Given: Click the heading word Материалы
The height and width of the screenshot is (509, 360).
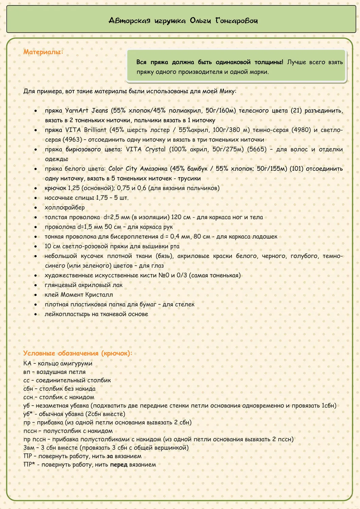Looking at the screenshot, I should point(43,52).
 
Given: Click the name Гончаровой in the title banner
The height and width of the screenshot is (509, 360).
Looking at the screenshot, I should point(236,21).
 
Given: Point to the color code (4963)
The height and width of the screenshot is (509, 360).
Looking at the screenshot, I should point(71,140).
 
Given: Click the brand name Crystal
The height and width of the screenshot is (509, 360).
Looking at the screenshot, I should point(155,149).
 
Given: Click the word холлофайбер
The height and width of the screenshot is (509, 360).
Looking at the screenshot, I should point(65,207).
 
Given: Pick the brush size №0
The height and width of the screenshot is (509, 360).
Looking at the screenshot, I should point(164,275).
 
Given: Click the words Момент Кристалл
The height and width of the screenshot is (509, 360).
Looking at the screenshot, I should point(87,295).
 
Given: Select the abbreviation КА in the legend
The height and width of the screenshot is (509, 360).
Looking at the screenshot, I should point(27,363).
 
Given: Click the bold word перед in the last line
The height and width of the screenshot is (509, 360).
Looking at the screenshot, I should point(119,465).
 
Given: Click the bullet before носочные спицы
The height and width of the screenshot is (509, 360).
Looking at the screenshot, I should point(36,198).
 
